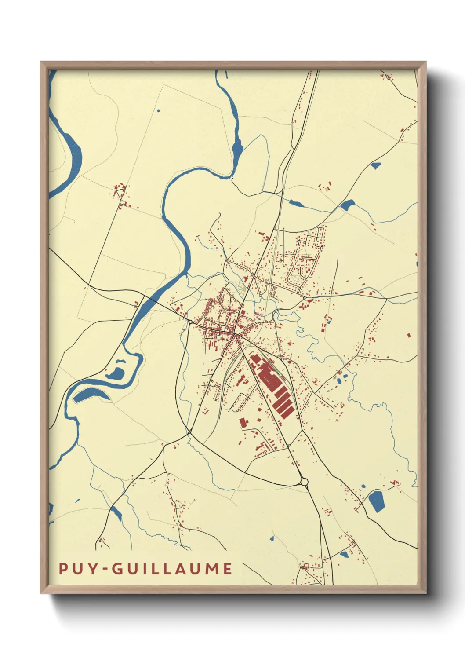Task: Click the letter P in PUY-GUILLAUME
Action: [63, 568]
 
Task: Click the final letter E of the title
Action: [227, 568]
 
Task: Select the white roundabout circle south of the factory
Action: [304, 482]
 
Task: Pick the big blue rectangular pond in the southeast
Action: [376, 501]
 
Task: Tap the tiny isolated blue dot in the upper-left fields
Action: [158, 110]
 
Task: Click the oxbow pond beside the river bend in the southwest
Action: [117, 373]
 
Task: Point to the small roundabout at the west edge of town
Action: [190, 322]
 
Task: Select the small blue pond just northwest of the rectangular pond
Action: [363, 486]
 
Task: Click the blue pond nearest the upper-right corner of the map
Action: [375, 165]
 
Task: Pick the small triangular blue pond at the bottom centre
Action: [272, 538]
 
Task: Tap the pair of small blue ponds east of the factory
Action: [342, 378]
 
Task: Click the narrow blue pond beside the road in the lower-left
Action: [116, 513]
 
